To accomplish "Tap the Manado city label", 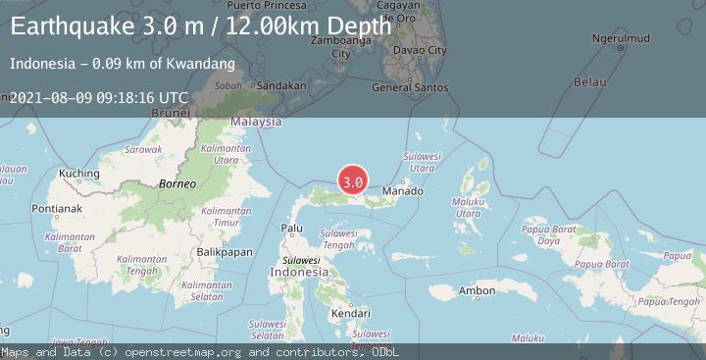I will pyautogui.click(x=402, y=190).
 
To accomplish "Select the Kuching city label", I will pyautogui.click(x=79, y=175).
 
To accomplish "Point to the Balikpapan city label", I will pyautogui.click(x=219, y=252).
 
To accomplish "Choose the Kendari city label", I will pyautogui.click(x=350, y=313).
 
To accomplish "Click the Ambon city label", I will pyautogui.click(x=477, y=290).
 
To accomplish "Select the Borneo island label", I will pyautogui.click(x=178, y=183).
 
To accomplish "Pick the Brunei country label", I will pyautogui.click(x=169, y=113).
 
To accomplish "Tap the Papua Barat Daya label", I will pyautogui.click(x=548, y=235).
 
